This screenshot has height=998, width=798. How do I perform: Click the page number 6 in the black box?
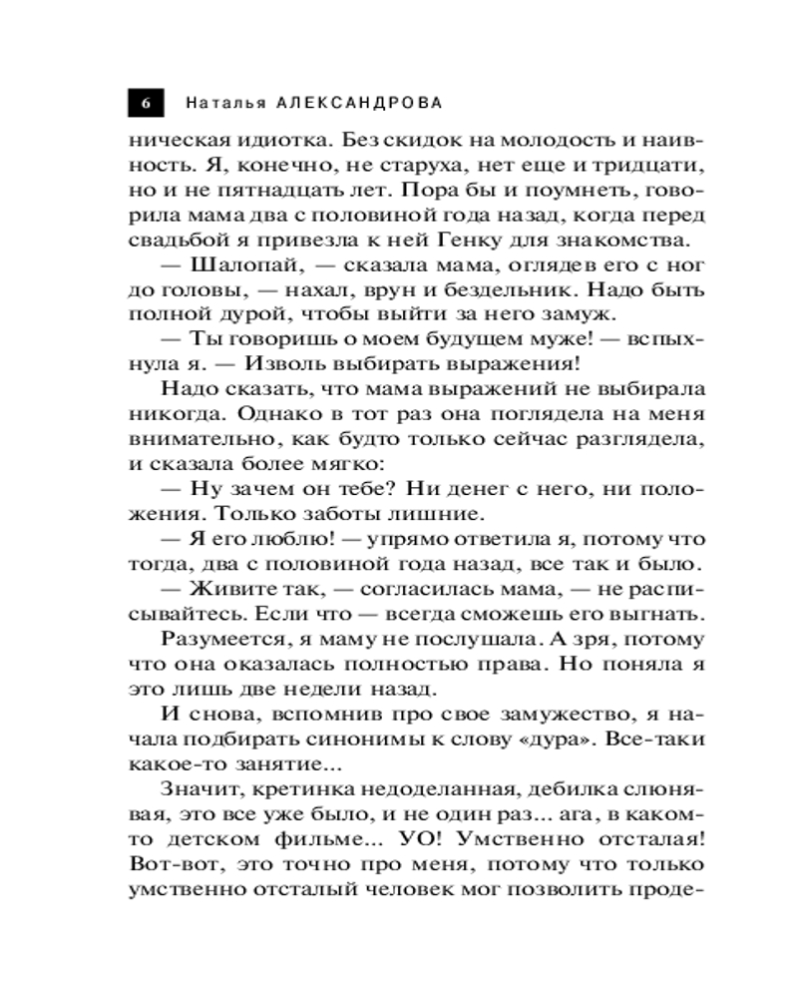coord(146,104)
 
